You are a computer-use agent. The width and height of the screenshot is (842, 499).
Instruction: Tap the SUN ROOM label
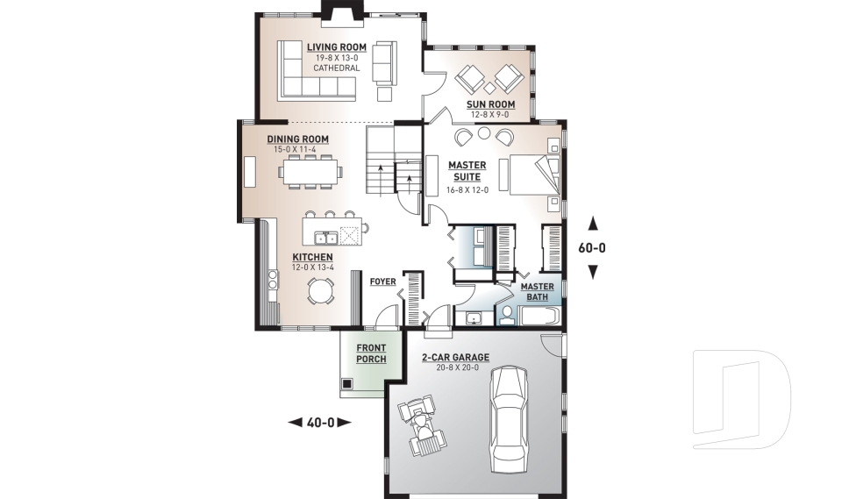coord(491,103)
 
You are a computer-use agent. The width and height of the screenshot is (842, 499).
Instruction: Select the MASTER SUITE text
coord(467,170)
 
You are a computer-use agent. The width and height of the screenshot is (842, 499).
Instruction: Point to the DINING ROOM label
coord(298,139)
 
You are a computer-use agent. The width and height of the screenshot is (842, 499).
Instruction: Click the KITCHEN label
coord(313,257)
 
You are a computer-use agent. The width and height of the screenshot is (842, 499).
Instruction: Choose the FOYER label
coord(382,282)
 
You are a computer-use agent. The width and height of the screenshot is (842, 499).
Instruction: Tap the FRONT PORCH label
coord(371,353)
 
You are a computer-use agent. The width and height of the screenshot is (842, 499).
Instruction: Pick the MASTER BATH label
coord(537,292)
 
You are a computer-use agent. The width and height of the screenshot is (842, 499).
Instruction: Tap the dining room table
coord(310,174)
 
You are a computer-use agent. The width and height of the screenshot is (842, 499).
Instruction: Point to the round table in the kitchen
coord(320,289)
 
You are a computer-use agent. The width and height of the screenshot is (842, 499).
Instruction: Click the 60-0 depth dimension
coord(592,247)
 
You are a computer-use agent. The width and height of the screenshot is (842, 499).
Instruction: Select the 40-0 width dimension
coord(320,423)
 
